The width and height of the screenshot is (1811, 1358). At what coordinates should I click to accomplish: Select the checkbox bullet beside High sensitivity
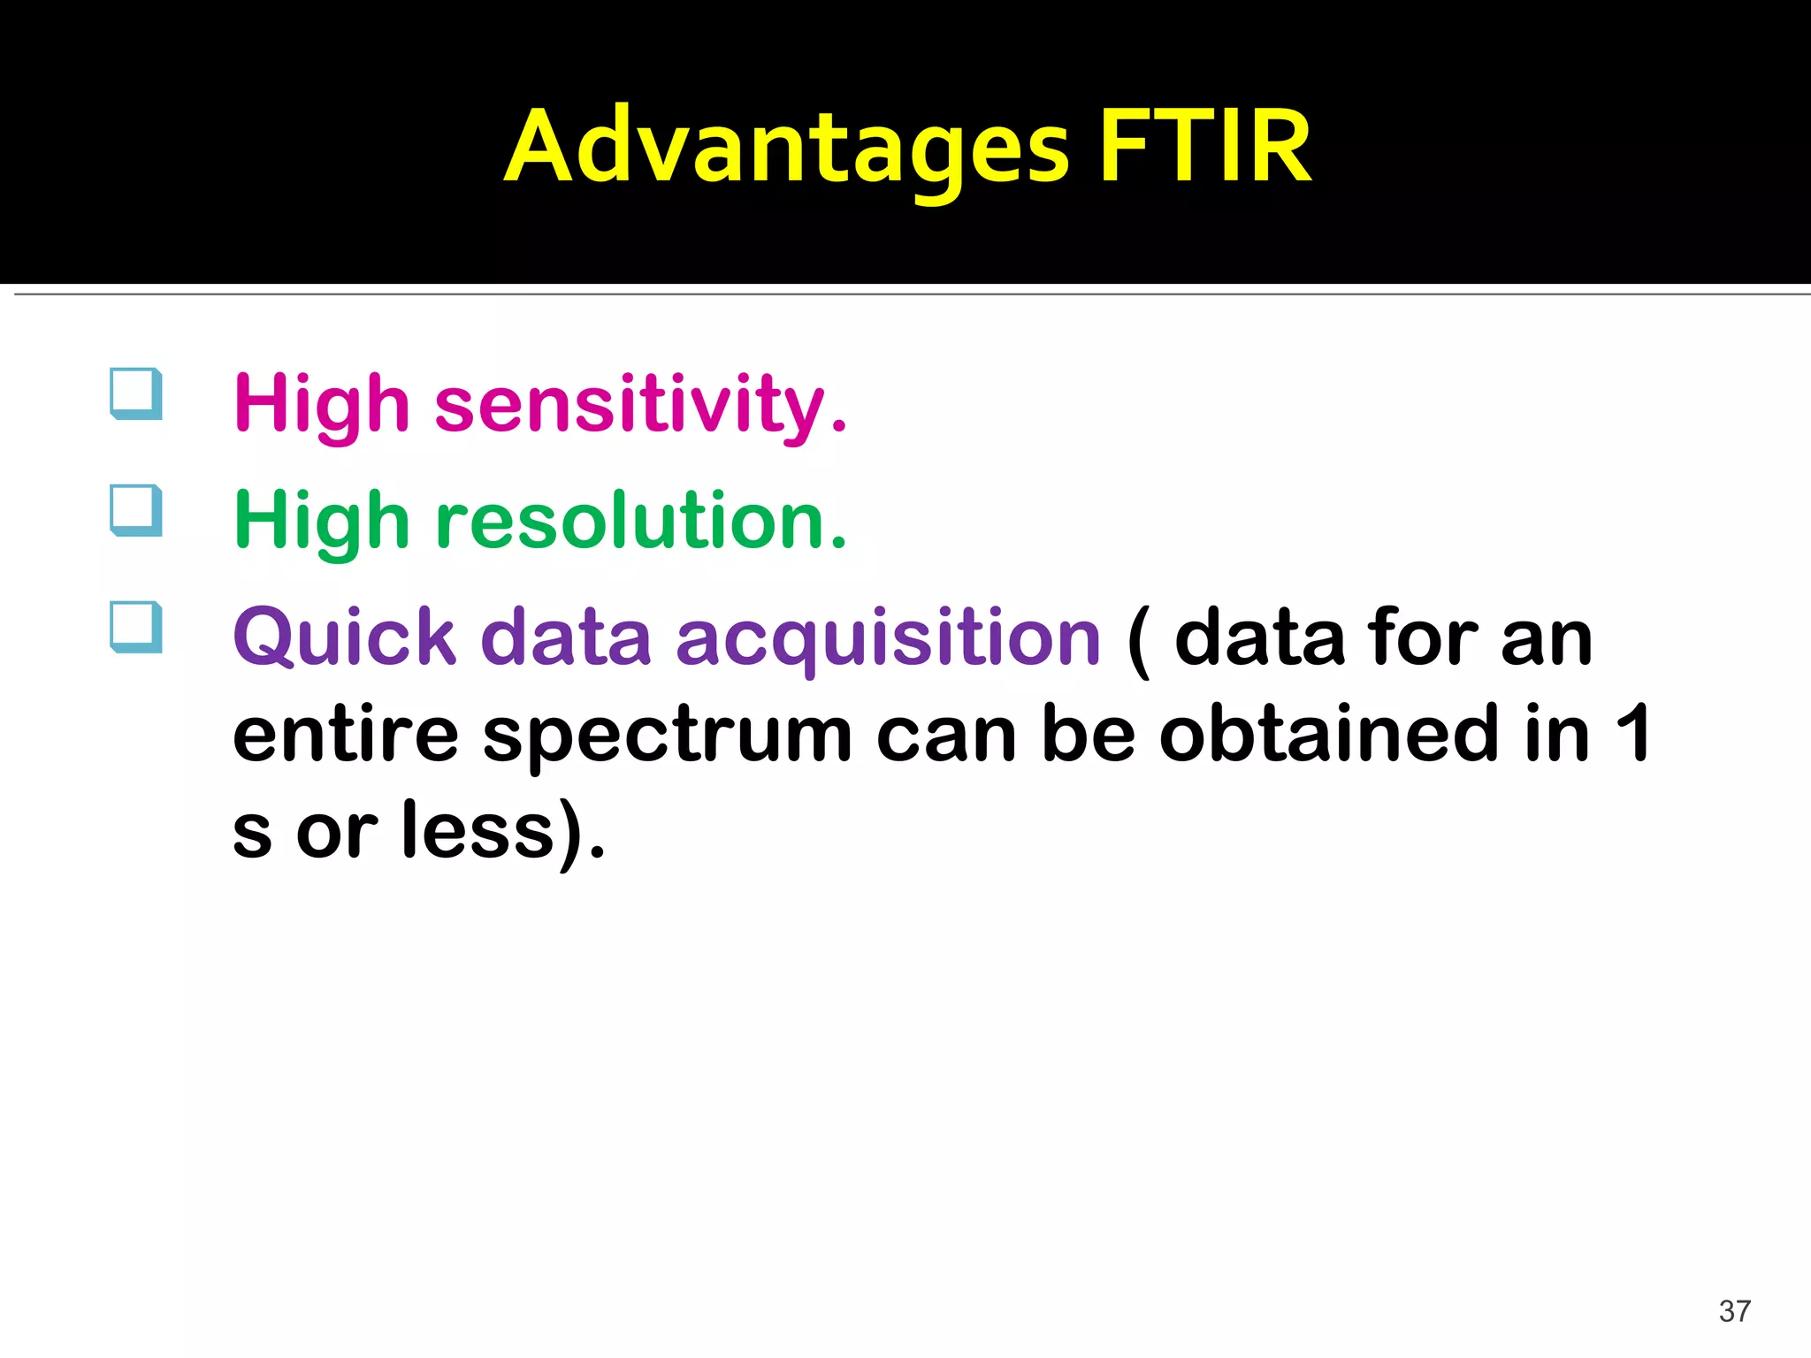136,393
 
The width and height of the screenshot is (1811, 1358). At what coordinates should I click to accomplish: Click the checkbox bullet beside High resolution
136,510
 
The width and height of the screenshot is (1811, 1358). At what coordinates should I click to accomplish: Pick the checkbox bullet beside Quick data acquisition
136,627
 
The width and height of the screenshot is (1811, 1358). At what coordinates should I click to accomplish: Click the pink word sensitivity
640,405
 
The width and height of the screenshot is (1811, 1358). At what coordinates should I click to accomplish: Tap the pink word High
322,405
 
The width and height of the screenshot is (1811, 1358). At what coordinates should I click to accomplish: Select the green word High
322,522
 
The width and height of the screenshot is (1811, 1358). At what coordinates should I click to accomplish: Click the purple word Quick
345,638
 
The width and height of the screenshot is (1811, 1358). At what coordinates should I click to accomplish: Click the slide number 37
1734,1311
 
